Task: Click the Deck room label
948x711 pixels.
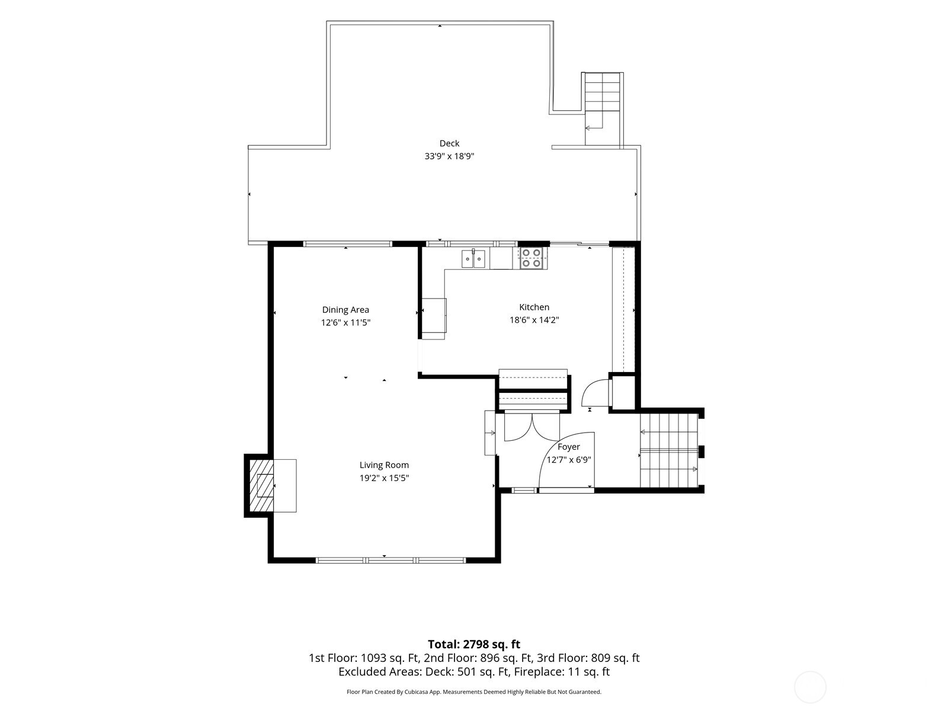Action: point(449,143)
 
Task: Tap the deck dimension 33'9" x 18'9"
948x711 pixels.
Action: point(449,156)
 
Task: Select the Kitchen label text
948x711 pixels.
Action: point(534,308)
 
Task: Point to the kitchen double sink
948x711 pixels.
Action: point(473,258)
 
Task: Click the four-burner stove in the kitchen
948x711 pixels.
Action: point(531,258)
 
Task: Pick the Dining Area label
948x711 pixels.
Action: point(345,310)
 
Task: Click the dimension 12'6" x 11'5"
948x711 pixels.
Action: point(345,322)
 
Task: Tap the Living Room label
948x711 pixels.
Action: point(384,465)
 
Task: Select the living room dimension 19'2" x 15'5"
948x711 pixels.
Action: point(384,478)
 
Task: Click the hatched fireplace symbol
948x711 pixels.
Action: point(261,485)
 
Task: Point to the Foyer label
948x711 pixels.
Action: point(568,447)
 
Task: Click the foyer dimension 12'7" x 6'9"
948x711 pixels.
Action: point(569,460)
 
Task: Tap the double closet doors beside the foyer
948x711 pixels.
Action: point(532,427)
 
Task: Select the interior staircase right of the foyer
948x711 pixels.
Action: point(668,450)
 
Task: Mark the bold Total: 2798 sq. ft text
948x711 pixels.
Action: point(474,645)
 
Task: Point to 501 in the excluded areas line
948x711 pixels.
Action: point(466,672)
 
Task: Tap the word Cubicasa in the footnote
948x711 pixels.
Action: point(416,692)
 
